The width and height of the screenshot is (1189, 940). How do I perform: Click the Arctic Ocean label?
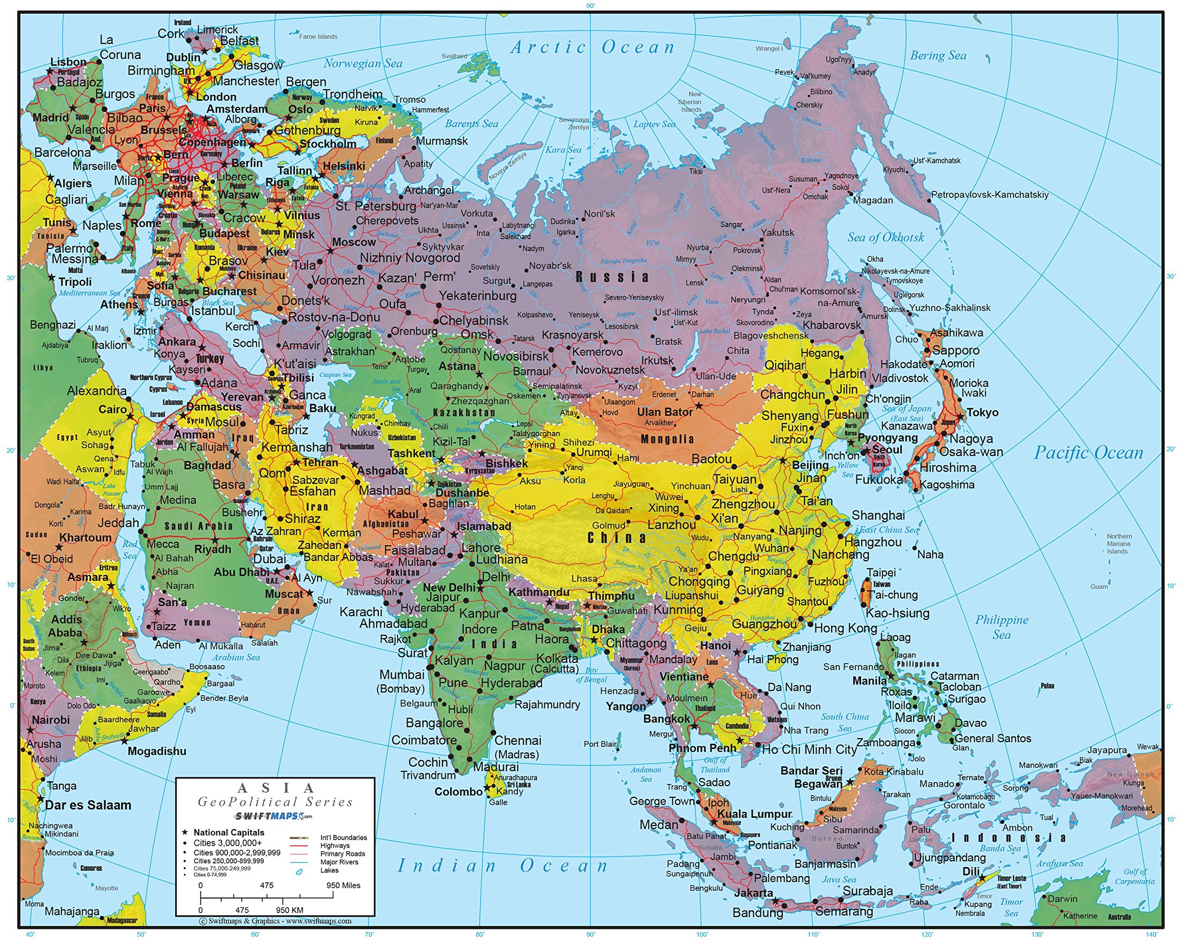click(593, 47)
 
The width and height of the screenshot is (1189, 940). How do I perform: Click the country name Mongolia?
click(667, 439)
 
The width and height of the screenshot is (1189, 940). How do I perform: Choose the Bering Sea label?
click(938, 55)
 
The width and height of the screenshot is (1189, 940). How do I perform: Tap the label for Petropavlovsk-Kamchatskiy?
click(989, 194)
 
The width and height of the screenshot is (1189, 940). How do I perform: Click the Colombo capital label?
click(458, 791)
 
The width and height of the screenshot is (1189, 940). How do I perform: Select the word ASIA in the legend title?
click(275, 788)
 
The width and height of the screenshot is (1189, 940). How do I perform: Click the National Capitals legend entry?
click(229, 832)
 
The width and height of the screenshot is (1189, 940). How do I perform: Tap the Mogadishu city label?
click(157, 751)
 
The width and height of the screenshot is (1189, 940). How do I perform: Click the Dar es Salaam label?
click(88, 805)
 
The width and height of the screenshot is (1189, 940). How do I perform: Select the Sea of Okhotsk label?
click(886, 237)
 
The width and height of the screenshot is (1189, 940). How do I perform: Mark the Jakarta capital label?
click(754, 893)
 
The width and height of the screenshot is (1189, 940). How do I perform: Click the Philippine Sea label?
click(1001, 627)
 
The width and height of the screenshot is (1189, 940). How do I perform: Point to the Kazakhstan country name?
click(464, 412)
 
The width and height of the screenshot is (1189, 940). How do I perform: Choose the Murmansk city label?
click(442, 141)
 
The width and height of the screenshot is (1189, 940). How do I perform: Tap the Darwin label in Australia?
click(1062, 899)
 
